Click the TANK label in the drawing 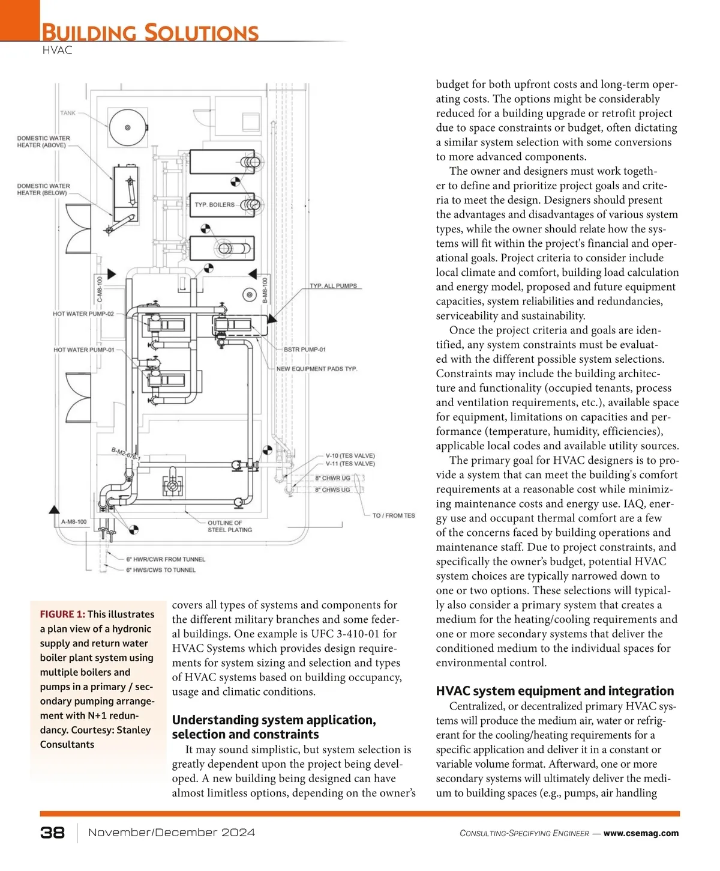pyautogui.click(x=68, y=113)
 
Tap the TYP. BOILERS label pyautogui.click(x=214, y=205)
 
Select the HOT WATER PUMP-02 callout pyautogui.click(x=83, y=314)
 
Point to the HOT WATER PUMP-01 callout pyautogui.click(x=83, y=350)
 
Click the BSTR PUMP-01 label pyautogui.click(x=305, y=350)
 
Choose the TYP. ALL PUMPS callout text pyautogui.click(x=333, y=286)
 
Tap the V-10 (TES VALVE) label pyautogui.click(x=350, y=456)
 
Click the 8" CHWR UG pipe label pyautogui.click(x=332, y=478)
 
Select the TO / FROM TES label pyautogui.click(x=394, y=515)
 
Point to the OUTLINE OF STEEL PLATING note pyautogui.click(x=229, y=526)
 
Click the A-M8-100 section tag pyautogui.click(x=74, y=522)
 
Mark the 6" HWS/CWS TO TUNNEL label pyautogui.click(x=161, y=570)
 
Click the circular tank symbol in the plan pyautogui.click(x=128, y=127)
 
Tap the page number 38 pyautogui.click(x=53, y=833)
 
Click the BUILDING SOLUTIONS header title pyautogui.click(x=150, y=32)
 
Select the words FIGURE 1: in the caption pyautogui.click(x=62, y=614)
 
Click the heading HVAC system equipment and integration pyautogui.click(x=555, y=691)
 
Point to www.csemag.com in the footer pyautogui.click(x=641, y=833)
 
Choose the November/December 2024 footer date pyautogui.click(x=172, y=833)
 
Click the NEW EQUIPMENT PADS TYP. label pyautogui.click(x=316, y=369)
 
